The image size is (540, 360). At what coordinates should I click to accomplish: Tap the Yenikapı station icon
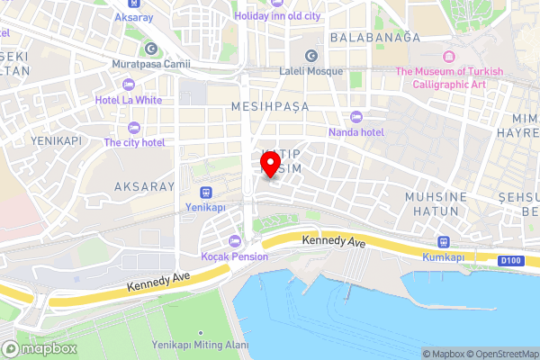(x=206, y=193)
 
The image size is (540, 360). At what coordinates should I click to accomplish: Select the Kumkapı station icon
(x=442, y=241)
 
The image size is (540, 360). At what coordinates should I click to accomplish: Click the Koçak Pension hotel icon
(x=235, y=240)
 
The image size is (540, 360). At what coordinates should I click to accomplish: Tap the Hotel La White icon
(x=128, y=85)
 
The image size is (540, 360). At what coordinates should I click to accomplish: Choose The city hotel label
(x=134, y=142)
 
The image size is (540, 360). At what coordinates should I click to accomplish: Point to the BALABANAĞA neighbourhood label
(x=375, y=37)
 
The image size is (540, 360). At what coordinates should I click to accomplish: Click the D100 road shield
(x=509, y=261)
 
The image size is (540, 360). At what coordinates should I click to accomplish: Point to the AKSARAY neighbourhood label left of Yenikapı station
(x=143, y=186)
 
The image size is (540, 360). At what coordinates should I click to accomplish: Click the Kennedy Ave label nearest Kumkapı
(x=335, y=242)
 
